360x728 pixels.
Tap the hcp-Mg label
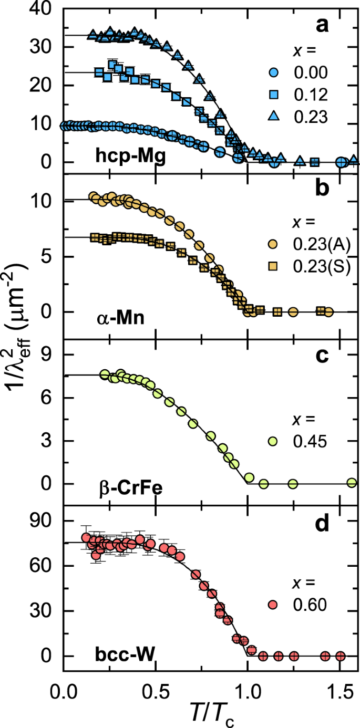pos(131,155)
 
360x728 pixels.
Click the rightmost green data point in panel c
pos(352,483)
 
